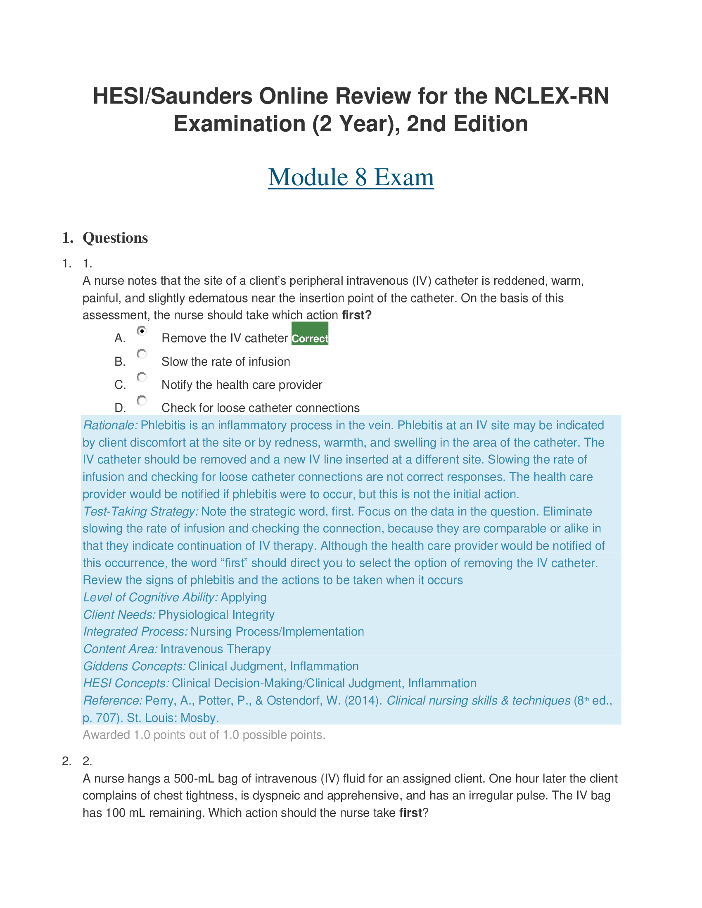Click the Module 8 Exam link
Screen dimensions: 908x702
tap(351, 177)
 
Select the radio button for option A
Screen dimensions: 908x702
tap(142, 331)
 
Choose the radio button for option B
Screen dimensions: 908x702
tap(142, 354)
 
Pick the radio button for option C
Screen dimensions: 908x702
tap(142, 377)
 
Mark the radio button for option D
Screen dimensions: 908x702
tap(142, 400)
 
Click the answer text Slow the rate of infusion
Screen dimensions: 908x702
tap(225, 362)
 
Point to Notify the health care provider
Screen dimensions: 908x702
tap(242, 385)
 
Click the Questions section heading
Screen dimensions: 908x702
tap(115, 238)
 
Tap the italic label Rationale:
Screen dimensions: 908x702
tap(110, 425)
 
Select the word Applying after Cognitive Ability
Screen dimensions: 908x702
tap(243, 598)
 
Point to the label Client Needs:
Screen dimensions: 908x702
tap(119, 615)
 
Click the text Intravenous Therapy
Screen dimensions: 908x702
tap(216, 649)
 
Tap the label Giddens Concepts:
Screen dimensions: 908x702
tap(134, 667)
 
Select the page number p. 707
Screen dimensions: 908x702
tap(100, 718)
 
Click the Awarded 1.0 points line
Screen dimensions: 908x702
tap(204, 735)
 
